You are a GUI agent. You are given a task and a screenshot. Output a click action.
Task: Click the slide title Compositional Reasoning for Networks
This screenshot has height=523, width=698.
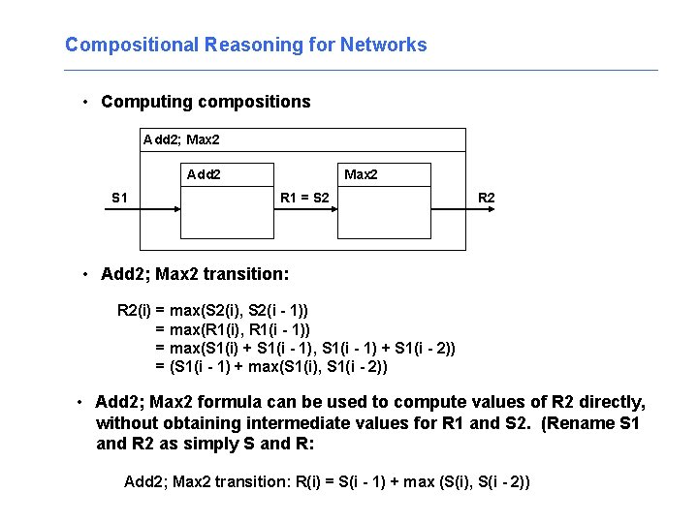(245, 45)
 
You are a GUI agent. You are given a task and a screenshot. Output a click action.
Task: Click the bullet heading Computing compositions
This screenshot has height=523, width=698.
(206, 102)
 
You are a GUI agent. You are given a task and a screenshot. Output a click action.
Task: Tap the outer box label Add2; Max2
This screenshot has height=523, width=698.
(181, 140)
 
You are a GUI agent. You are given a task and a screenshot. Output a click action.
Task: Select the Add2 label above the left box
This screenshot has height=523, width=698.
(204, 175)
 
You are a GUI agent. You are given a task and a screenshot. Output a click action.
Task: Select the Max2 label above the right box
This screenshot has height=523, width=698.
(361, 175)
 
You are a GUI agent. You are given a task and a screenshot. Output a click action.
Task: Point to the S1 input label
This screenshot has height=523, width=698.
(119, 199)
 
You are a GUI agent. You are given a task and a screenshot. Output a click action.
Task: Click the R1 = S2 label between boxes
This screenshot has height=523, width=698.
(303, 199)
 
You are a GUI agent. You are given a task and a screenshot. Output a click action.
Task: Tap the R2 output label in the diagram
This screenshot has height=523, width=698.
(486, 199)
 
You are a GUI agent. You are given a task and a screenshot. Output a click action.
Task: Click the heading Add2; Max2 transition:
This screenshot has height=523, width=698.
(195, 274)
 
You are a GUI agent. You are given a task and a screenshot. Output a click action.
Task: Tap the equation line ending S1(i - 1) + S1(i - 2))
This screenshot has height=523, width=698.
(305, 348)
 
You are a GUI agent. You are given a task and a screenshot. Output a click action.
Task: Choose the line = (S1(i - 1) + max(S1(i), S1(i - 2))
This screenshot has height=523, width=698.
(271, 366)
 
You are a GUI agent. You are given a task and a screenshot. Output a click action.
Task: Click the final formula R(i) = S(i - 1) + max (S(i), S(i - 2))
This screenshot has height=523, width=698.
(328, 481)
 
